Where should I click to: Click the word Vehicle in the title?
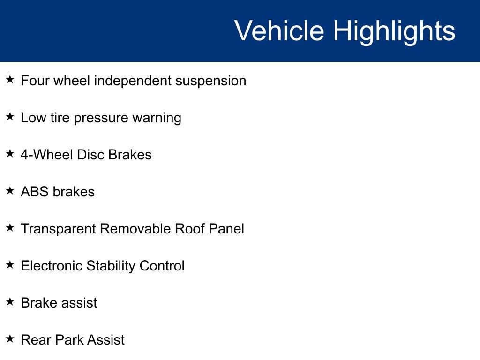(279, 30)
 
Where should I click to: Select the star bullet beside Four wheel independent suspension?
(10, 80)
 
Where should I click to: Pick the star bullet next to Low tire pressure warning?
(10, 116)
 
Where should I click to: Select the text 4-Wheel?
(47, 155)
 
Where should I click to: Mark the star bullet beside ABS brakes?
(10, 190)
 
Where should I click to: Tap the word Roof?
(189, 229)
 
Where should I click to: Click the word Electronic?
(52, 266)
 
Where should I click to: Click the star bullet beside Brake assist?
(10, 301)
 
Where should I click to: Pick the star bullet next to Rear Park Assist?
(10, 338)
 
